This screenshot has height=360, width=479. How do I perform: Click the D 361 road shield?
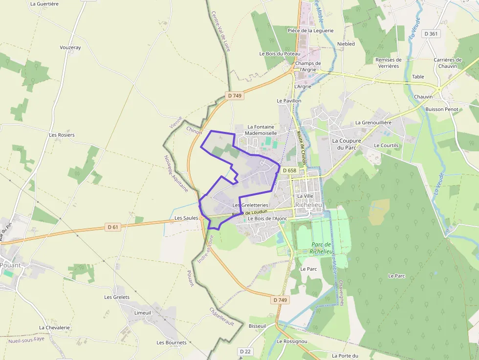click(x=432, y=34)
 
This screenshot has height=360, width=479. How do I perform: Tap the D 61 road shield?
click(x=113, y=227)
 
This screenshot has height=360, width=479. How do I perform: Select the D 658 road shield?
click(x=289, y=170)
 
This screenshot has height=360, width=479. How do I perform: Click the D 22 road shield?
click(x=245, y=351)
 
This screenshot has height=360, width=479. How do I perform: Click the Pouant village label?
click(x=11, y=265)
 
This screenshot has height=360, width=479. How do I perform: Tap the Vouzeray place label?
click(x=70, y=47)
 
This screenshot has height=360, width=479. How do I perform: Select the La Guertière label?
click(x=44, y=3)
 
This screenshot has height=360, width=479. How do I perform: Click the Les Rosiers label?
click(x=62, y=134)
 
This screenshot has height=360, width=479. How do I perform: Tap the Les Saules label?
click(x=185, y=218)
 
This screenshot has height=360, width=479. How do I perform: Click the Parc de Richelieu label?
click(x=322, y=248)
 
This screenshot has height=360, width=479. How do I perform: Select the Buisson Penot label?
click(x=442, y=109)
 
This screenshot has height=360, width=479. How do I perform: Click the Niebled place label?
click(x=346, y=43)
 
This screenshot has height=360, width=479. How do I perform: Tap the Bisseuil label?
click(x=257, y=325)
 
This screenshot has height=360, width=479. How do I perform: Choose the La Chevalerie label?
click(x=55, y=327)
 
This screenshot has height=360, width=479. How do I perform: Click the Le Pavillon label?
click(x=289, y=101)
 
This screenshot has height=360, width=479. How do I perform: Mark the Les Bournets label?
click(x=172, y=342)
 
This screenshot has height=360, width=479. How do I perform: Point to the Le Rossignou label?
click(x=292, y=341)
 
